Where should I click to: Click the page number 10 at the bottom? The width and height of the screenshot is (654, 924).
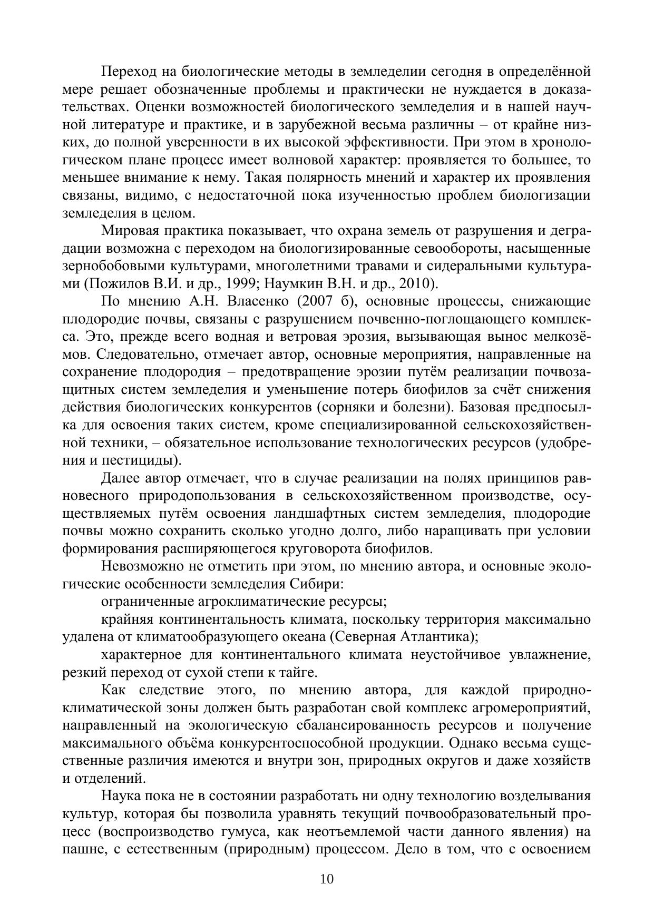pos(327,879)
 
